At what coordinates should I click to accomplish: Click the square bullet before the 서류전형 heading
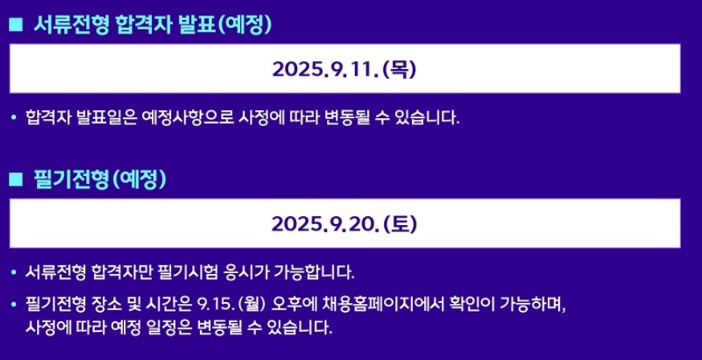(x=16, y=25)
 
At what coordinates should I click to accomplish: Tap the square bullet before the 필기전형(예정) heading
(x=16, y=180)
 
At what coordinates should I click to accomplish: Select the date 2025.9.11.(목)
(x=345, y=69)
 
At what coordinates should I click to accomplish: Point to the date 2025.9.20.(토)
(x=345, y=224)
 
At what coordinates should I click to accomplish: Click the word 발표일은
(x=106, y=118)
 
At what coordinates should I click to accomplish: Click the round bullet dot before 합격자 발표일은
(x=14, y=118)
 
